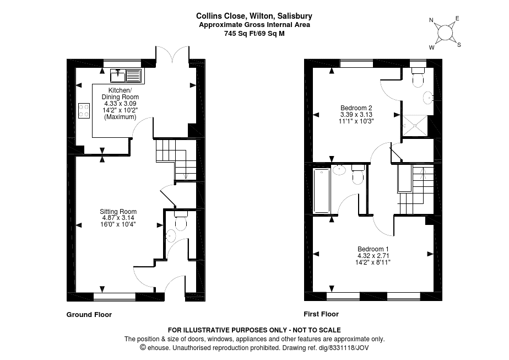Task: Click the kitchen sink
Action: pyautogui.click(x=126, y=76)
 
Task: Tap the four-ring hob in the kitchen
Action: pyautogui.click(x=84, y=110)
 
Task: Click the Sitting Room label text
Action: pyautogui.click(x=118, y=212)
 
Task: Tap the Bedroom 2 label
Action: pyautogui.click(x=356, y=108)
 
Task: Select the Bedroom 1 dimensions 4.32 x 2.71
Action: pyautogui.click(x=373, y=256)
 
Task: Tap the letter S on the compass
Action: pyautogui.click(x=459, y=45)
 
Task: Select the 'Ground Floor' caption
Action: pyautogui.click(x=89, y=315)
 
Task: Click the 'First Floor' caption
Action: pyautogui.click(x=321, y=314)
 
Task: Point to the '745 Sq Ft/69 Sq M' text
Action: pyautogui.click(x=254, y=33)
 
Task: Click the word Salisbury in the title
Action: pyautogui.click(x=297, y=17)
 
